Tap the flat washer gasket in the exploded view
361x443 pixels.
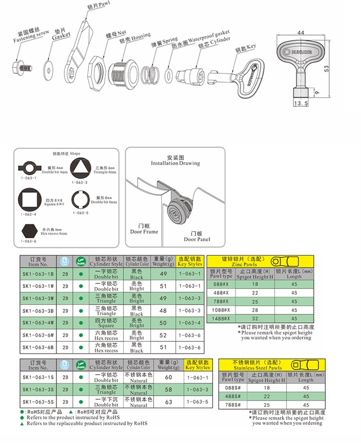point(49,67)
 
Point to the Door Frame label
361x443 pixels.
point(144,228)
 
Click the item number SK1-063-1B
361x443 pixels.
point(38,273)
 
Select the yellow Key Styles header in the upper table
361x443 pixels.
point(190,261)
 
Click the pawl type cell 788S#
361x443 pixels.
point(233,405)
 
